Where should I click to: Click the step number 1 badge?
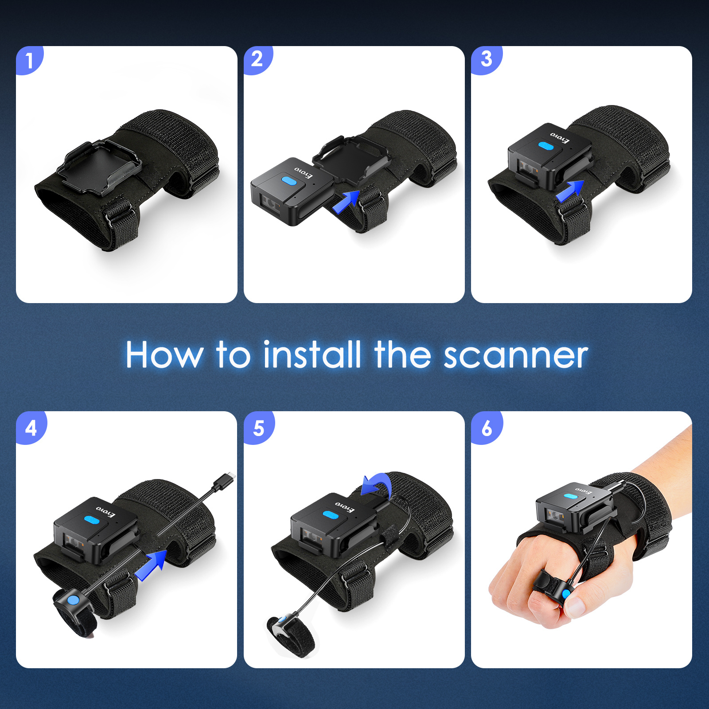(x=29, y=60)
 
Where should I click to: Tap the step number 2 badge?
(x=257, y=59)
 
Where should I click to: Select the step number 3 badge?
(x=486, y=59)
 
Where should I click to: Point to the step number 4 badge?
(x=31, y=428)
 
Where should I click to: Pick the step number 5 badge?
(x=258, y=428)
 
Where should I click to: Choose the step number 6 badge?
(x=487, y=428)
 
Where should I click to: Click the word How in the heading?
(x=164, y=355)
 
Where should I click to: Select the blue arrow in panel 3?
(x=570, y=191)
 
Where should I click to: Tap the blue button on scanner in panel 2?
(x=289, y=181)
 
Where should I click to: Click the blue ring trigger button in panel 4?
(x=74, y=600)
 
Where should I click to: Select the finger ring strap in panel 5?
(x=290, y=636)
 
